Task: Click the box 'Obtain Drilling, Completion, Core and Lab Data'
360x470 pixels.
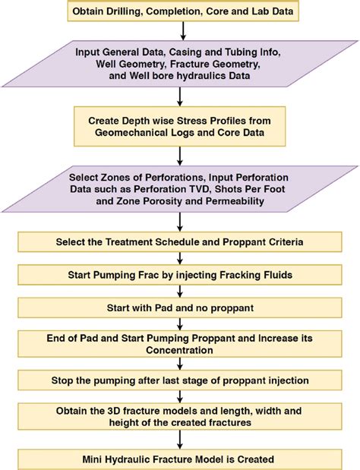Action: tap(183, 11)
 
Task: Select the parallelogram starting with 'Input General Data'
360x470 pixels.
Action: tap(180, 64)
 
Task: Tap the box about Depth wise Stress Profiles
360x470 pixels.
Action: tap(179, 127)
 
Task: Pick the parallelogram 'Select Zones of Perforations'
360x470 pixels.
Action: tap(180, 189)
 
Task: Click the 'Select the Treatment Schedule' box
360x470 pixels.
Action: tap(179, 242)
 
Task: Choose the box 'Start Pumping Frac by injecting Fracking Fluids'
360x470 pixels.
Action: tap(179, 275)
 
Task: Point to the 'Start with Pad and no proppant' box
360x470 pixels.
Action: tap(179, 308)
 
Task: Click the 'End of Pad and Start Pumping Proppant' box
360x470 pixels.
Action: tap(179, 344)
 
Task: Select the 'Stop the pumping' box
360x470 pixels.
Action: tap(179, 380)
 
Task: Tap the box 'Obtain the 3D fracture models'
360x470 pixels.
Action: tap(179, 416)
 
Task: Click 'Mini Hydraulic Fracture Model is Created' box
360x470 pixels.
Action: tap(179, 459)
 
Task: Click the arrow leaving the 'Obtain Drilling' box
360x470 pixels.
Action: tap(183, 31)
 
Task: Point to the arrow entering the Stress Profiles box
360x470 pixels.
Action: tap(180, 97)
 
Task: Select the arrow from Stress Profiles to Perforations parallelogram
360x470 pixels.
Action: tap(180, 156)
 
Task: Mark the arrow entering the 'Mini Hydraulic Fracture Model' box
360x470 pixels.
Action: tap(180, 440)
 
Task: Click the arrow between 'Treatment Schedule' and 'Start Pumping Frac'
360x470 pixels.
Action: tap(180, 258)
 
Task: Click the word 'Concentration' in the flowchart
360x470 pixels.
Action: tap(179, 350)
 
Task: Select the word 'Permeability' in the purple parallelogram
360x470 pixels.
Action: tap(235, 200)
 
